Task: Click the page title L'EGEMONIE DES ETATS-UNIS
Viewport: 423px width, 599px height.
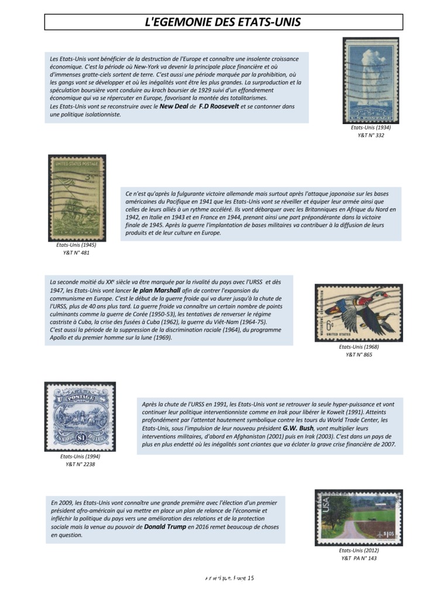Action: click(223, 22)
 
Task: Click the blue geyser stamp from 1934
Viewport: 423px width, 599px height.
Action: click(370, 80)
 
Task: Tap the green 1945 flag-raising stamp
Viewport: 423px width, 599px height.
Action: click(77, 198)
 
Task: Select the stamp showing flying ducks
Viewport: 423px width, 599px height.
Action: click(358, 313)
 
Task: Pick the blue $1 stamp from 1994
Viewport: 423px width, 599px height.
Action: click(80, 416)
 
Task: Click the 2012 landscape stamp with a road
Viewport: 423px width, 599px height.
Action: click(358, 517)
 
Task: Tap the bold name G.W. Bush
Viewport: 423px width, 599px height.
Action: click(298, 428)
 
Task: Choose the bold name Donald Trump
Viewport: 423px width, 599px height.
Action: click(165, 527)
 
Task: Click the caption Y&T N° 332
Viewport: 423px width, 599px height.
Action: click(370, 135)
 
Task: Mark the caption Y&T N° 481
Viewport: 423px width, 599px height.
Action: click(77, 253)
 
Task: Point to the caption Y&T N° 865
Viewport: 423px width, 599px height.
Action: click(359, 354)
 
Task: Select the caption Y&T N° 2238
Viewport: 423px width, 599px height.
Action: click(80, 464)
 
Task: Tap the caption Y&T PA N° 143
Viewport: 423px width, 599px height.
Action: click(359, 558)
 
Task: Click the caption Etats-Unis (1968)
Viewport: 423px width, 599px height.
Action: click(359, 347)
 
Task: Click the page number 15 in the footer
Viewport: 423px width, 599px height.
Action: click(250, 579)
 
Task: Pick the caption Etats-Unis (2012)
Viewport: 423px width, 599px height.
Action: click(359, 550)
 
